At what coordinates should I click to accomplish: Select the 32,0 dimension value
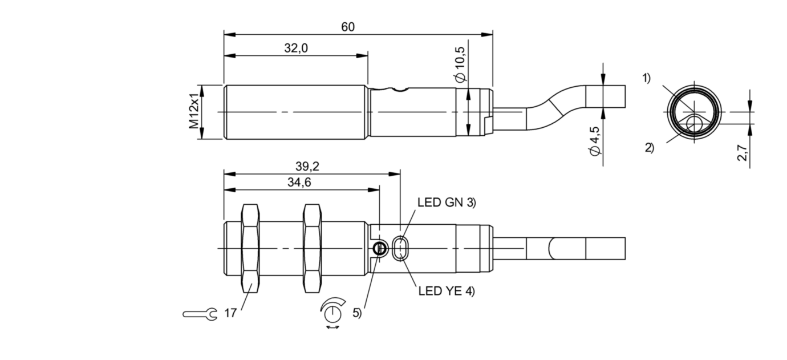coord(296,48)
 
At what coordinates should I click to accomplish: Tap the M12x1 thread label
coord(195,112)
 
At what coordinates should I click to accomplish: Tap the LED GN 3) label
coord(447,202)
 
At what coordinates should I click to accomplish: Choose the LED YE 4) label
coord(446,291)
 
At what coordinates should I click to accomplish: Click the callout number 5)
coord(357,313)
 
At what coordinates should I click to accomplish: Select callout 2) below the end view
coord(650,148)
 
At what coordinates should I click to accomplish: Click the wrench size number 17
coord(230,313)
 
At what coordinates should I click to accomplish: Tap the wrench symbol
coord(200,313)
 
